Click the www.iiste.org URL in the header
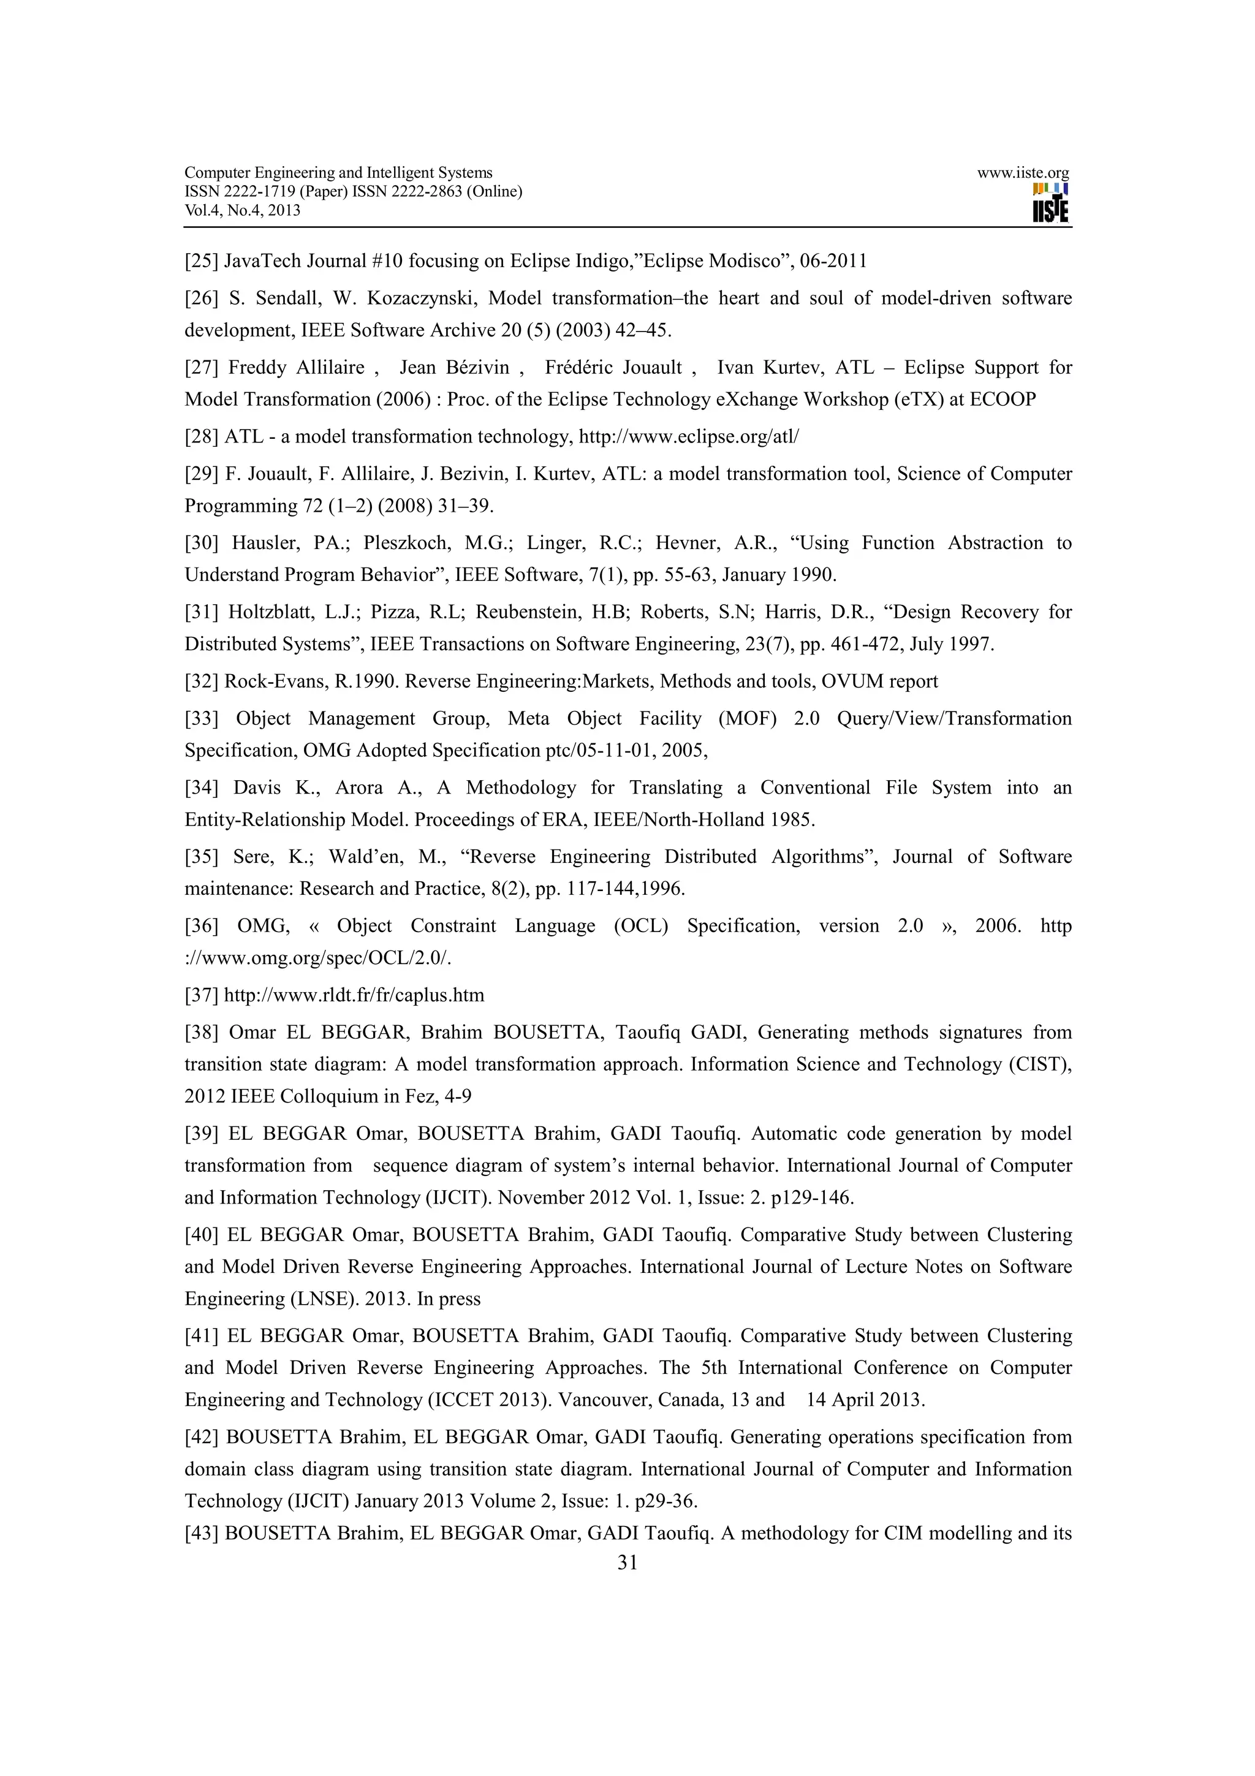coord(1022,173)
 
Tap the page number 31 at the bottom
coord(627,1563)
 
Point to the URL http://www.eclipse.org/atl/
coord(688,437)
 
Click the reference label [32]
coord(201,681)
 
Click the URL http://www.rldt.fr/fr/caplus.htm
coord(354,995)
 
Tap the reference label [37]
coord(201,995)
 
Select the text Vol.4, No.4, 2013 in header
coord(242,210)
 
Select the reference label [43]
coord(201,1533)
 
